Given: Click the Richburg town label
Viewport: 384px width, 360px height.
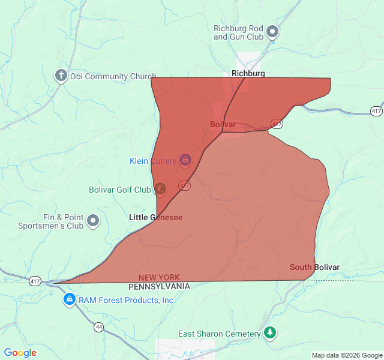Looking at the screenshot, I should pos(248,73).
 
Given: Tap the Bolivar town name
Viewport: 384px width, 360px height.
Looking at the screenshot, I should pos(223,124).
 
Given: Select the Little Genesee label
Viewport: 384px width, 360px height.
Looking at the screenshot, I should pos(155,217).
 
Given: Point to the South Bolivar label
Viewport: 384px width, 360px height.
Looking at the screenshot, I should pos(314,267).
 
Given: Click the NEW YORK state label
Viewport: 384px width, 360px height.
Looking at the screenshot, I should pos(159,277).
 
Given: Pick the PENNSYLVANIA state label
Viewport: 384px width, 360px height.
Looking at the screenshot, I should pos(159,287).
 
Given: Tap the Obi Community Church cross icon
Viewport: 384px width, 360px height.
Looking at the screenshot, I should pos(61,76).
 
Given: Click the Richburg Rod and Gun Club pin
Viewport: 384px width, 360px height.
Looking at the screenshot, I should pos(273,31).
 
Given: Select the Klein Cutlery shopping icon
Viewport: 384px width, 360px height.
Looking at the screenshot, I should pos(185,160).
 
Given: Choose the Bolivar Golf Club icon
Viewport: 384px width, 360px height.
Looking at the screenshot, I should pos(160,189).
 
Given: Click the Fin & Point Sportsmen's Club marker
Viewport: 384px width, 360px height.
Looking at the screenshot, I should pos(93,221).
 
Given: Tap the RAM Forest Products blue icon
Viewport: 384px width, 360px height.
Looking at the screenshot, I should pos(70,299).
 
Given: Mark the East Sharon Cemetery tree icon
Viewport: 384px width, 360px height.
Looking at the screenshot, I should pos(270,332).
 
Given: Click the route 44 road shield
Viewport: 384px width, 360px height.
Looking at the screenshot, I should pos(98,327).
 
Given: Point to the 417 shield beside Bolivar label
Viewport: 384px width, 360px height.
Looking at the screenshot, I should pos(277,124).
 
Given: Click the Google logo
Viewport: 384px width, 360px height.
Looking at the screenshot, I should pos(20,353).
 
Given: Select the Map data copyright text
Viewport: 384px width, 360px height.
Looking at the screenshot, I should pos(346,355).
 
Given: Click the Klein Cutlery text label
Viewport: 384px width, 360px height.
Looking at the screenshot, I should pos(153,161).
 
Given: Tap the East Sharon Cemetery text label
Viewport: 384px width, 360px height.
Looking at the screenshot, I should pos(219,334).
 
